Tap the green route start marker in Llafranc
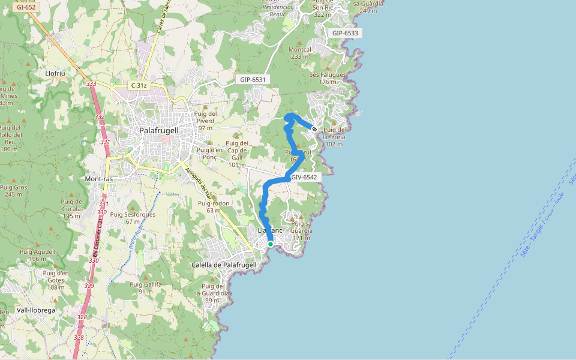271,244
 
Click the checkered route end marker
314,128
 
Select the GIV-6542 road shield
303,178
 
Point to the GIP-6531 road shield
253,79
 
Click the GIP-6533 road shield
345,33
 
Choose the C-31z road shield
139,86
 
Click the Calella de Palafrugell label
224,265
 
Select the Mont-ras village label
100,179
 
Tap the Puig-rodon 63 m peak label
214,206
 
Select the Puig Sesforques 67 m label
133,218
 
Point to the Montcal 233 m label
300,53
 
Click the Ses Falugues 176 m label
328,78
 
